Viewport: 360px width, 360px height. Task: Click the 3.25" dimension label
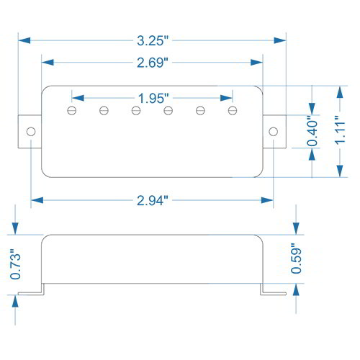click(153, 40)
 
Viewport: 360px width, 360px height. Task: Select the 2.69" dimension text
click(153, 63)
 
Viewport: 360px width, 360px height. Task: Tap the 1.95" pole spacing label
click(153, 98)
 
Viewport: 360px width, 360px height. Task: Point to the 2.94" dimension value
click(153, 200)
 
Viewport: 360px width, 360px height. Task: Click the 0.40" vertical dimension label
click(312, 131)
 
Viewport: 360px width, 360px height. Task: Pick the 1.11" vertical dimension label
click(340, 130)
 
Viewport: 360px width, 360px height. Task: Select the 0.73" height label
click(15, 264)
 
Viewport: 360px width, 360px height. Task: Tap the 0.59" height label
click(296, 258)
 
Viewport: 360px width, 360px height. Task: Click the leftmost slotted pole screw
click(72, 110)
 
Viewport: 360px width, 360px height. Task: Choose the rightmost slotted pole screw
click(233, 110)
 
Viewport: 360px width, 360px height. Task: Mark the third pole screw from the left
click(136, 110)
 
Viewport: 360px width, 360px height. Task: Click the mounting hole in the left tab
click(31, 132)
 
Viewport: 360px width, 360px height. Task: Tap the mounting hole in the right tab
click(274, 132)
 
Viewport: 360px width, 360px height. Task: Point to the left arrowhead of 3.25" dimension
click(24, 40)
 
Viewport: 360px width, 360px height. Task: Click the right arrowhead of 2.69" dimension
click(256, 63)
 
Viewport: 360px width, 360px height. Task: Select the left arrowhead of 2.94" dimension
click(37, 200)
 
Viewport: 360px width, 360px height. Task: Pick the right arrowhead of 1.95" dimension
click(226, 98)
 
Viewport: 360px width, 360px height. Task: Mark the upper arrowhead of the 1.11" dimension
click(340, 92)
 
